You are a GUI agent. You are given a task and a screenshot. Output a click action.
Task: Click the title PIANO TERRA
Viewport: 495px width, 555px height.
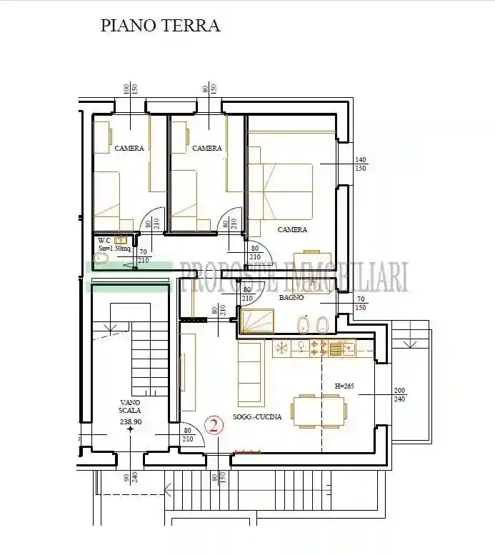(160, 26)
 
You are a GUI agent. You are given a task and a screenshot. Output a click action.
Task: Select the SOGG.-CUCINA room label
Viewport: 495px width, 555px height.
(257, 416)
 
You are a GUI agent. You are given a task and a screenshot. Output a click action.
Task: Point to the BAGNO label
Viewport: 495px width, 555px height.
(291, 297)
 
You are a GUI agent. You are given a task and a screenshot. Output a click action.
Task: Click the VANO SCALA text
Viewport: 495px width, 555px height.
(130, 406)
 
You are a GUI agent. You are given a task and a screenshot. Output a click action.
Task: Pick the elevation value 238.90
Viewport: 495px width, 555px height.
(130, 422)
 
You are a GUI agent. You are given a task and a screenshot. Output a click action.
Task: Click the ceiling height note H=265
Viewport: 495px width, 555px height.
(345, 386)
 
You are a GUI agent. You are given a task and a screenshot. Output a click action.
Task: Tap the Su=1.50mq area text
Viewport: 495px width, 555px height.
(114, 249)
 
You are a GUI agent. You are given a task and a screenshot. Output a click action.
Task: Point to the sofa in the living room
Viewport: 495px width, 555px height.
(249, 372)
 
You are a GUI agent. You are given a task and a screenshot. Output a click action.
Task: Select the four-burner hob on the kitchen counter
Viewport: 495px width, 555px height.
(319, 349)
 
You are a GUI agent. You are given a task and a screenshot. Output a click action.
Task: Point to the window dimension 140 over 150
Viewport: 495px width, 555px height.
(361, 164)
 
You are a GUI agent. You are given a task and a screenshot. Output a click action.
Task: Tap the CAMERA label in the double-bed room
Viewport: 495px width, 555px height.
(292, 230)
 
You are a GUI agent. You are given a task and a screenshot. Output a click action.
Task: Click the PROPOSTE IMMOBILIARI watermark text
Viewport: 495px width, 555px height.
(293, 277)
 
